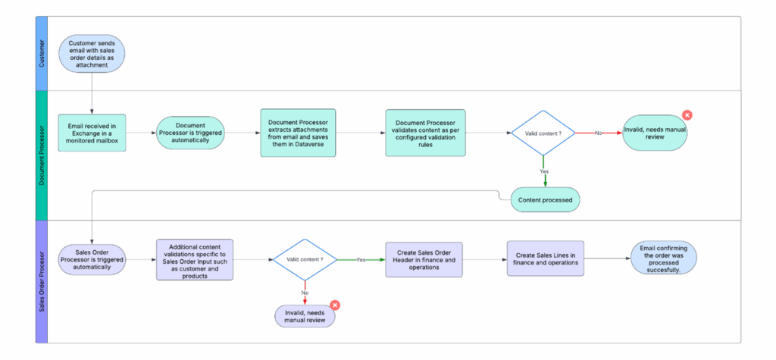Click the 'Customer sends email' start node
click(x=92, y=54)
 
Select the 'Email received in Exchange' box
click(x=92, y=133)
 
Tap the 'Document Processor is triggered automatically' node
click(x=190, y=133)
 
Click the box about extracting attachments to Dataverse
click(x=298, y=133)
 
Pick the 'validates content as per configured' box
click(x=426, y=133)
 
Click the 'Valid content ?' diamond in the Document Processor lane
click(x=543, y=133)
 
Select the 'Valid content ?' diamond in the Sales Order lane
click(x=305, y=259)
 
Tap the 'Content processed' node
click(x=546, y=200)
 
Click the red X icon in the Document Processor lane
click(x=687, y=115)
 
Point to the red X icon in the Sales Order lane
click(x=335, y=305)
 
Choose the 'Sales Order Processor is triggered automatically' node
click(x=92, y=259)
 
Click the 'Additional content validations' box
click(x=195, y=259)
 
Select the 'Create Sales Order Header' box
click(x=424, y=259)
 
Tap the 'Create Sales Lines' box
click(x=546, y=258)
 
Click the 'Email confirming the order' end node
click(x=664, y=258)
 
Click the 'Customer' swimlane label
click(x=42, y=54)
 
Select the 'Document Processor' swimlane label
click(x=42, y=155)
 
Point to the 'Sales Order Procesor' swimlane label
click(x=42, y=281)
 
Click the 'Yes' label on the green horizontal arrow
click(x=361, y=259)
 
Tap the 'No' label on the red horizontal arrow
click(x=599, y=133)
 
